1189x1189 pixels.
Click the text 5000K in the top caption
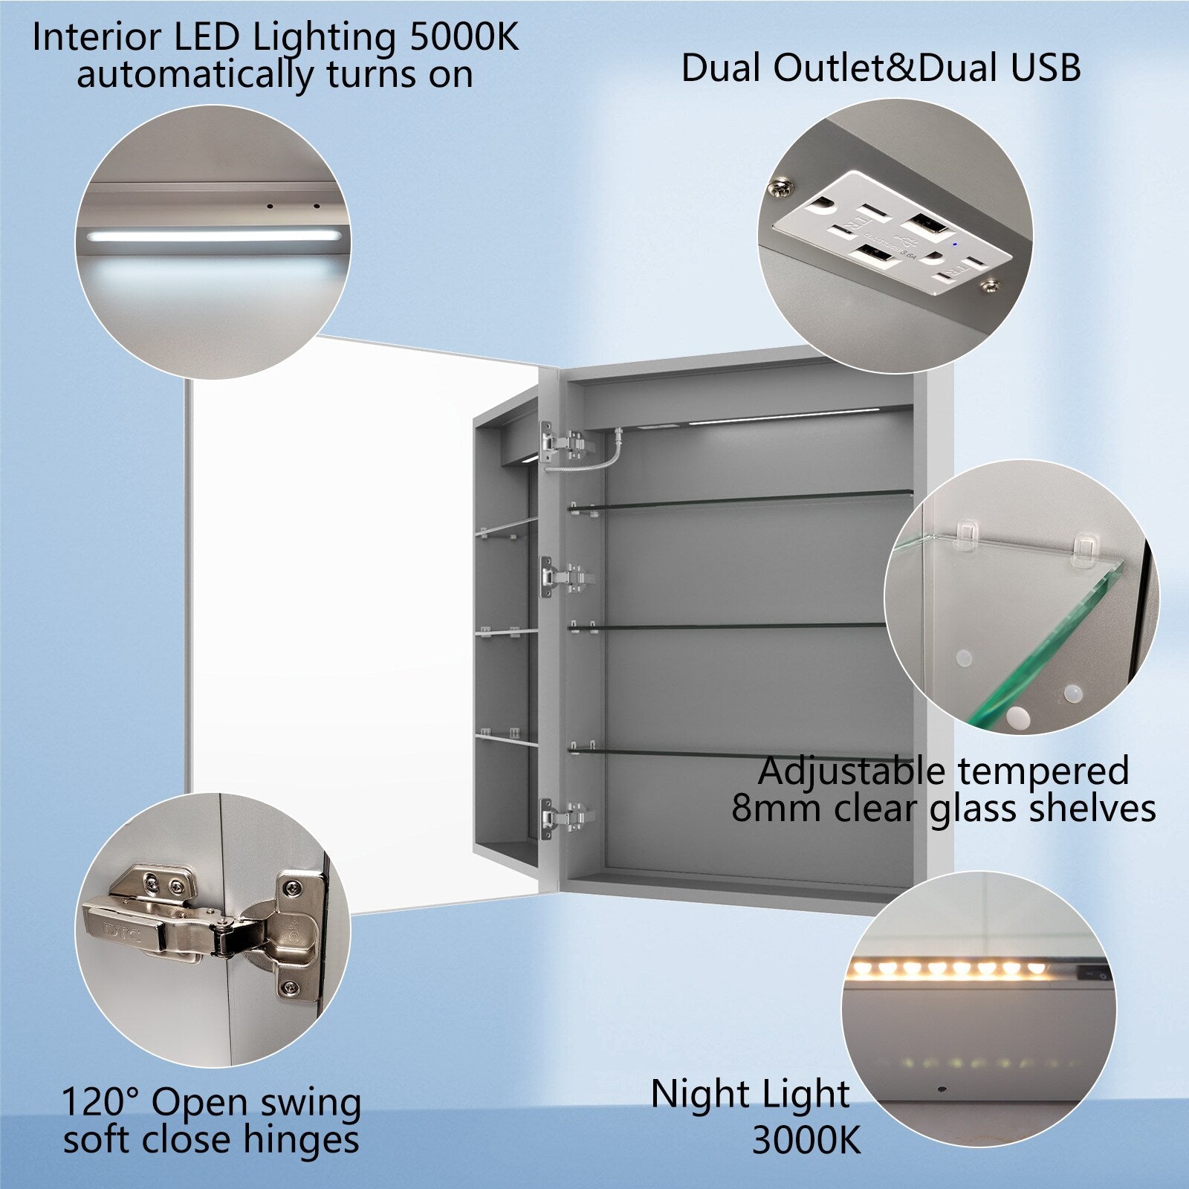coord(464,38)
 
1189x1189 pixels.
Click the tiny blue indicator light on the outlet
coord(953,242)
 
